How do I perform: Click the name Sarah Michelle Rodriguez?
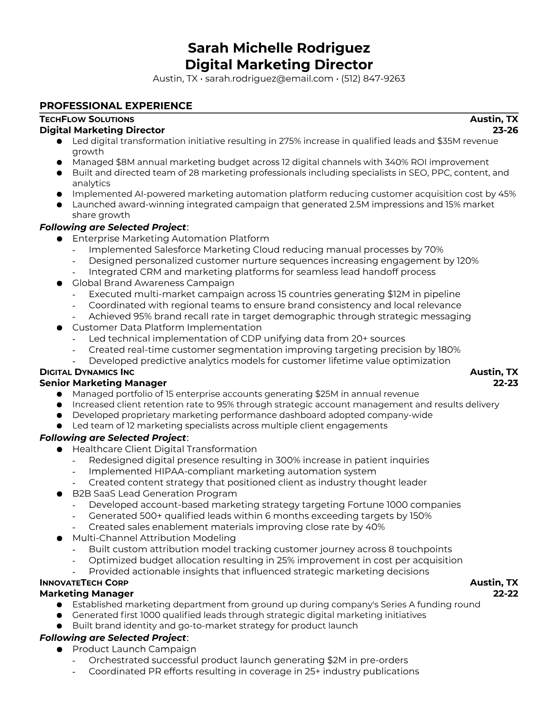pos(279,48)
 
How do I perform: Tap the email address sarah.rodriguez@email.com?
pos(269,79)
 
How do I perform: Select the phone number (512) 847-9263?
pos(373,79)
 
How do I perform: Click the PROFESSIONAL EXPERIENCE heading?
pos(116,106)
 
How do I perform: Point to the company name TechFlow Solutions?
pos(87,119)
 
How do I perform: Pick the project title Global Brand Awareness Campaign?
pos(153,283)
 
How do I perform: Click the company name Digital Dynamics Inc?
pos(87,372)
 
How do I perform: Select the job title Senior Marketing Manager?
pos(103,383)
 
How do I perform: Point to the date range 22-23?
pos(506,383)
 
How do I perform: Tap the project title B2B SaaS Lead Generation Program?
pos(155,494)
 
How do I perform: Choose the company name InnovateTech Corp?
pos(84,583)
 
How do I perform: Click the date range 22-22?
pos(506,594)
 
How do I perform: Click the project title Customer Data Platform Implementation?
pos(167,328)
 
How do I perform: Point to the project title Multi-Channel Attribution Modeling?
pos(154,538)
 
